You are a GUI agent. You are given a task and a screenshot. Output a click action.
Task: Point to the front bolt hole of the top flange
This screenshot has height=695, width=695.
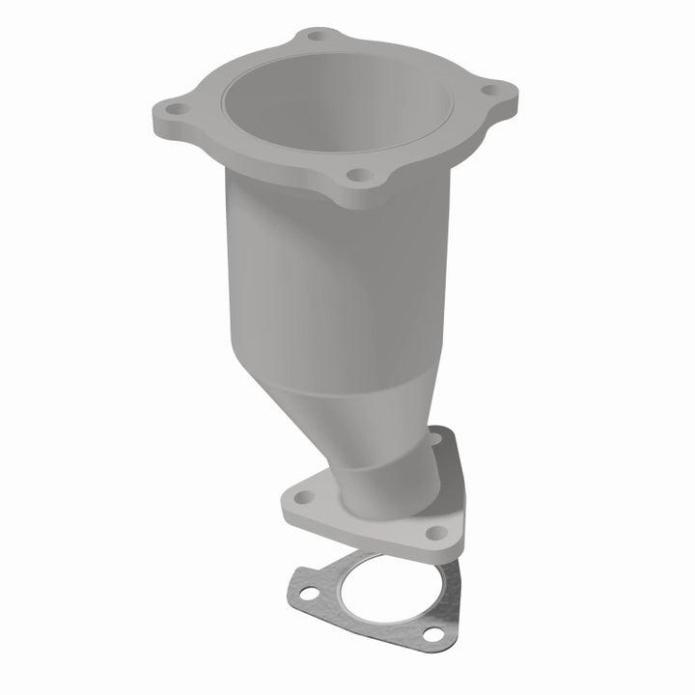click(x=357, y=176)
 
